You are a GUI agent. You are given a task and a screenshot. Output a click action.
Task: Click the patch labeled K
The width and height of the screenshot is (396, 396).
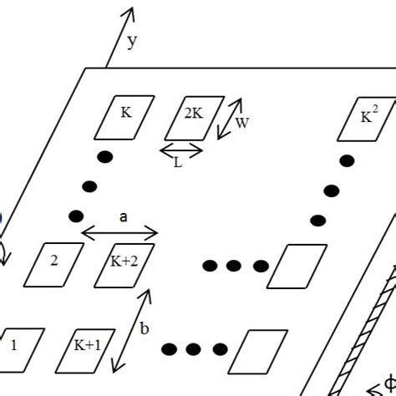[x=124, y=118]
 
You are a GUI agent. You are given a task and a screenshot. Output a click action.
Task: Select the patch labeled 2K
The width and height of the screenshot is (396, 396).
[x=195, y=118]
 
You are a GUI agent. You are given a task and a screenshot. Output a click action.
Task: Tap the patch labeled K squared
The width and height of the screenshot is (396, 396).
[x=367, y=119]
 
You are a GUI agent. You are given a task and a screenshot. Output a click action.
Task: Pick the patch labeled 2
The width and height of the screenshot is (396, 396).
[x=53, y=265]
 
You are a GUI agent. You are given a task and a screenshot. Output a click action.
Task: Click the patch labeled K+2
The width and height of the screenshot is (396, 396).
[x=124, y=266]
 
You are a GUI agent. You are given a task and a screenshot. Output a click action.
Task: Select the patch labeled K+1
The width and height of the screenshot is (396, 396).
[x=85, y=351]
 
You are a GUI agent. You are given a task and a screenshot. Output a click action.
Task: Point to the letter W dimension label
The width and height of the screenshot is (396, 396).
[x=241, y=123]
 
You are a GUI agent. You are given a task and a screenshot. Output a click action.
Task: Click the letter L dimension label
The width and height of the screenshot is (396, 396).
[x=178, y=163]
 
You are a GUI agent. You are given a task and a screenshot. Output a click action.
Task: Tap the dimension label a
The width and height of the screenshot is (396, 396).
[x=123, y=217]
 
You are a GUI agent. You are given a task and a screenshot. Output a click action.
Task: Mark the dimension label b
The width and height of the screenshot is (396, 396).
[x=145, y=328]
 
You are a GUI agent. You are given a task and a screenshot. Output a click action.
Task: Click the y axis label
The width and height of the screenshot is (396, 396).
[x=132, y=42]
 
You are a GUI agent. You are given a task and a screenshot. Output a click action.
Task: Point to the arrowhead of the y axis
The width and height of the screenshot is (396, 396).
[x=131, y=8]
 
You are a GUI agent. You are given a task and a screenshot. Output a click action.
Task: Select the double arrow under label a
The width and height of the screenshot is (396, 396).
[x=119, y=233]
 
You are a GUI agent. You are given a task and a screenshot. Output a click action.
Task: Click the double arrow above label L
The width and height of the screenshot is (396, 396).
[x=181, y=150]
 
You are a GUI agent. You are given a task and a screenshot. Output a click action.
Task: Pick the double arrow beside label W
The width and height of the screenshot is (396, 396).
[x=230, y=119]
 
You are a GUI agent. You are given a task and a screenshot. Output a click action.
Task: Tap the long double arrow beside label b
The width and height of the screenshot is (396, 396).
[x=131, y=331]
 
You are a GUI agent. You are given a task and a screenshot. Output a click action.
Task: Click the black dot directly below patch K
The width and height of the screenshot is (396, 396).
[x=105, y=157]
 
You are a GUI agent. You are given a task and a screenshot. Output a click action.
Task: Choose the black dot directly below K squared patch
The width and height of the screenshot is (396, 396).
[x=347, y=161]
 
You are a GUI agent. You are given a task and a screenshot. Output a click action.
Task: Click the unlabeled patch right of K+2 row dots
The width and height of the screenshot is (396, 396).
[x=297, y=267]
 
